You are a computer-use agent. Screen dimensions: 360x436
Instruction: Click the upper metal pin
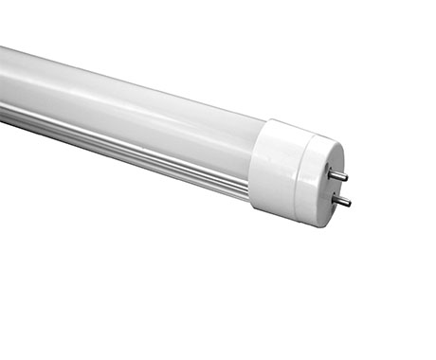tap(338, 173)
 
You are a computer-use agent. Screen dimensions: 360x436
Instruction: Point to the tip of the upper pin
tap(346, 176)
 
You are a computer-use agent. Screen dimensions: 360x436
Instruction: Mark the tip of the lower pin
tap(351, 203)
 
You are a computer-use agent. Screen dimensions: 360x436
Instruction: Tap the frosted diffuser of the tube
tap(133, 104)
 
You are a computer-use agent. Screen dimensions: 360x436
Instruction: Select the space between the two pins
tap(340, 187)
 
